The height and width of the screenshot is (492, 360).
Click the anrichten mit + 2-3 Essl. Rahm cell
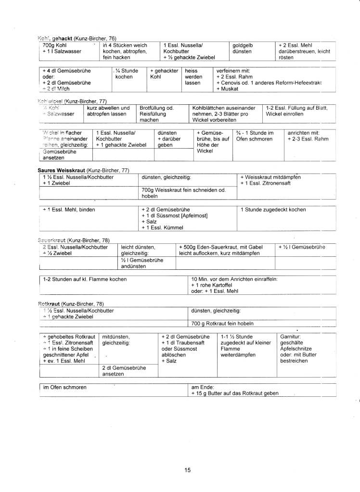point(308,136)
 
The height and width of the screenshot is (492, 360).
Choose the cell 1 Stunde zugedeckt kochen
point(273,209)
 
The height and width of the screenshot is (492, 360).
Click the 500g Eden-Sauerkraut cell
point(224,250)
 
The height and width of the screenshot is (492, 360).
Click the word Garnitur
point(291,336)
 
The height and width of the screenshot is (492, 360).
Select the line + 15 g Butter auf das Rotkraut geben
point(235,393)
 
